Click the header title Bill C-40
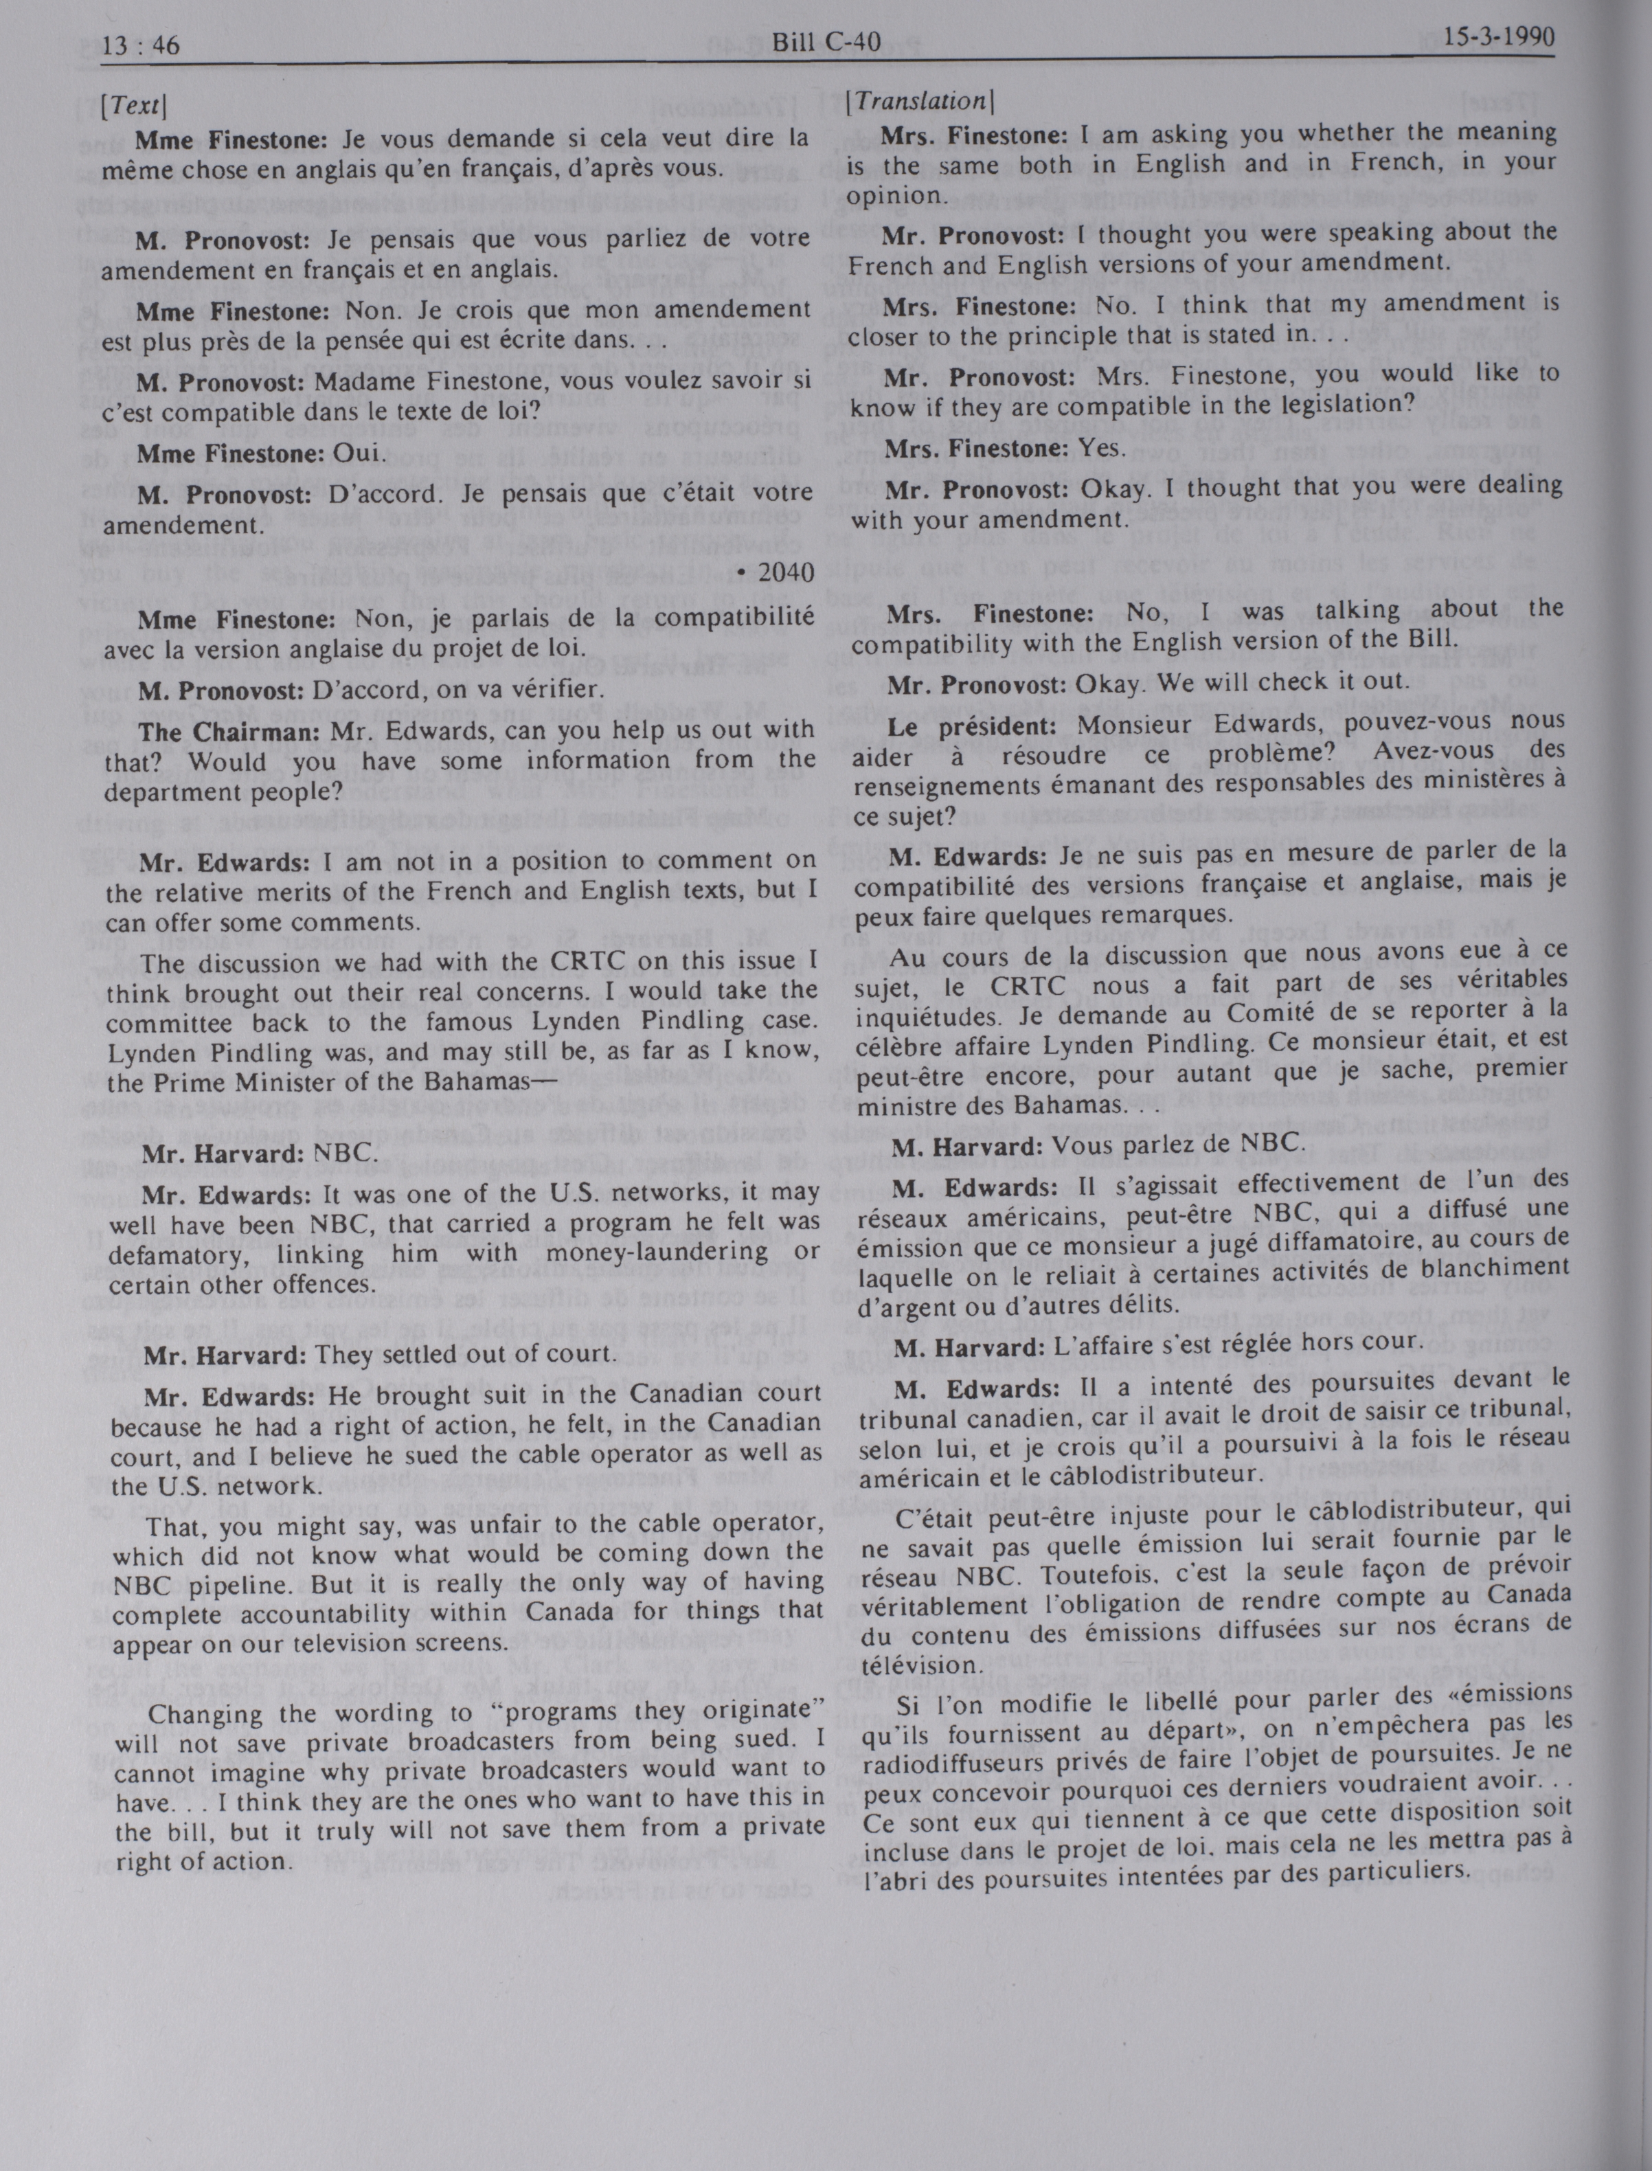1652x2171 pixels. pos(825,43)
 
